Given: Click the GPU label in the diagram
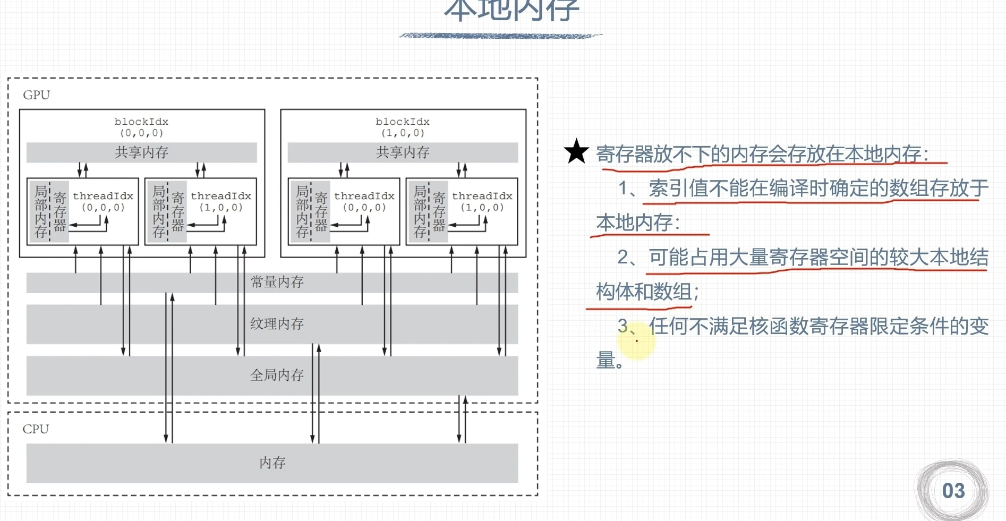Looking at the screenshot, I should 36,95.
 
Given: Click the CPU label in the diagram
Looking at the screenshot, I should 36,429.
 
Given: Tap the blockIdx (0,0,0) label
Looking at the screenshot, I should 141,127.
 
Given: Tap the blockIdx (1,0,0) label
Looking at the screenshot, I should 403,127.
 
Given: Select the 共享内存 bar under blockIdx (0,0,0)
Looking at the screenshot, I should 141,152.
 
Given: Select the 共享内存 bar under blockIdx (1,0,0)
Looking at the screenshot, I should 403,152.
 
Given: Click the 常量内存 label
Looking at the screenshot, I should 277,282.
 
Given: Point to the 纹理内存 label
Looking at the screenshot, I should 277,323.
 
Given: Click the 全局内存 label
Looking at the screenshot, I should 277,375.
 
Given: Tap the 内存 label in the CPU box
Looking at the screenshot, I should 272,463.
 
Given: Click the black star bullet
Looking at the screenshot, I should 576,152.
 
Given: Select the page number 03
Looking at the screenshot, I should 953,491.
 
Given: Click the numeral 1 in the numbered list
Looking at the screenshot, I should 624,189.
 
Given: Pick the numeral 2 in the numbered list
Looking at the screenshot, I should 624,258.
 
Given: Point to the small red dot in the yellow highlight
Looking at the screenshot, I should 637,341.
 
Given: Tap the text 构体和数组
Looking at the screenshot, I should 644,292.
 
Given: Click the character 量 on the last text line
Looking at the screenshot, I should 606,360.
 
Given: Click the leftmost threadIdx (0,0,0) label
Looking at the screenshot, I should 103,201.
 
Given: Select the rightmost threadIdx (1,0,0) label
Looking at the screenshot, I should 482,201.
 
